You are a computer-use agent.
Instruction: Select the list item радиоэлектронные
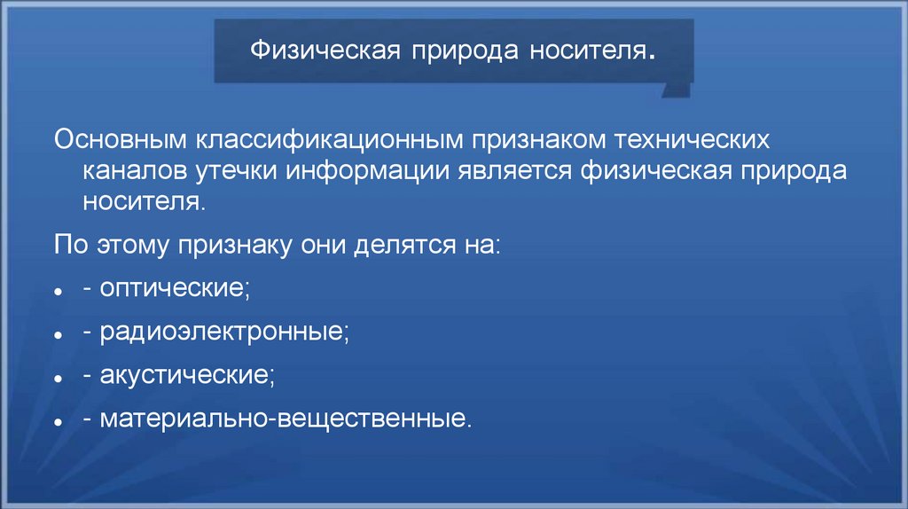224,333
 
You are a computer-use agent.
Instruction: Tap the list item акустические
186,374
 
